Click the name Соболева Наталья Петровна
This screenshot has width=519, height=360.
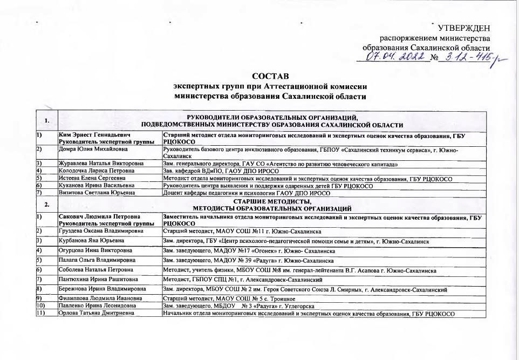[95, 270]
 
